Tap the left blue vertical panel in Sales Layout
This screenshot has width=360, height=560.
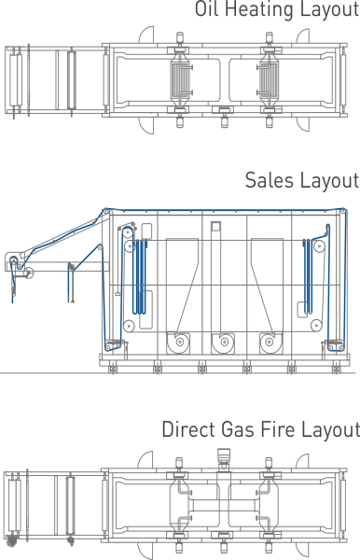coord(141,271)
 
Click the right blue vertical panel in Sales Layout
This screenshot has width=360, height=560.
coord(310,271)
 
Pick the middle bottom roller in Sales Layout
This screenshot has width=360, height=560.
coord(222,342)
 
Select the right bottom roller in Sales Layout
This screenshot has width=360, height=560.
coord(270,342)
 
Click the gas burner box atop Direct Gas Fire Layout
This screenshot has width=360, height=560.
coord(223,456)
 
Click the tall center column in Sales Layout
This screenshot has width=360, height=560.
coord(216,271)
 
